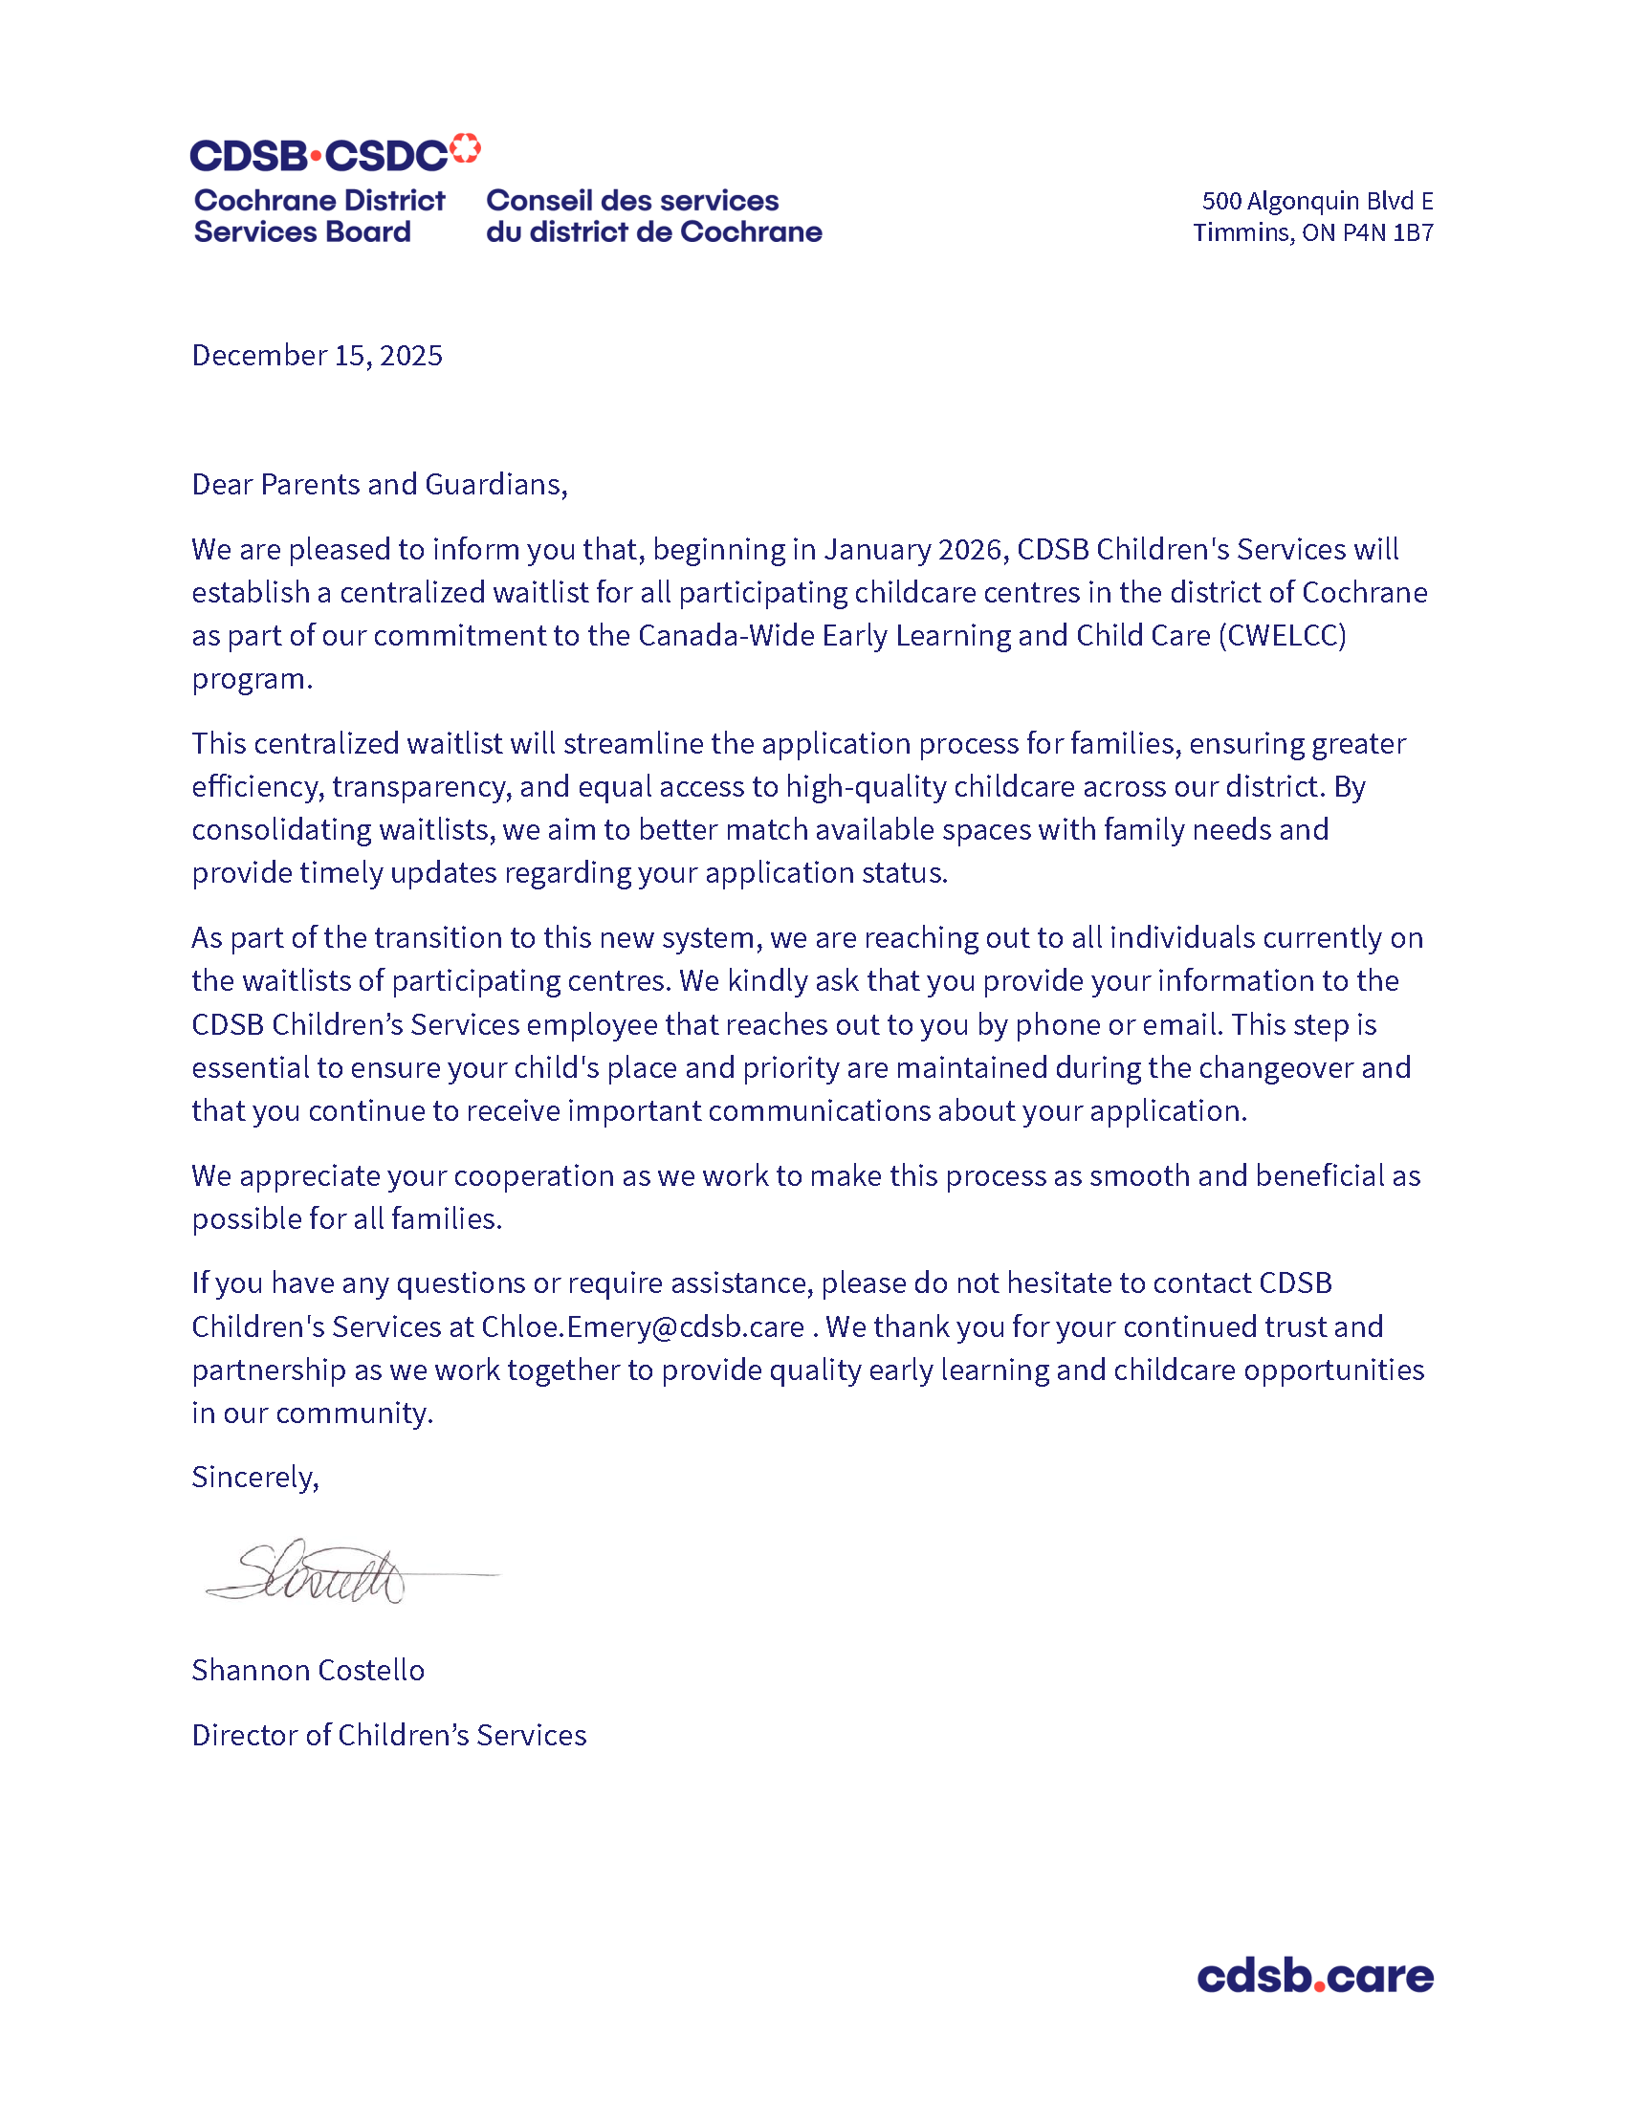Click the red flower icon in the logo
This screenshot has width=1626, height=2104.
[465, 148]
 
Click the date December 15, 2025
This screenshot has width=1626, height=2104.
[317, 356]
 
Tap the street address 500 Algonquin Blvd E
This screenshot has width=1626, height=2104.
[1317, 202]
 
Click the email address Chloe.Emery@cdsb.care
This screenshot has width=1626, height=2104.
[643, 1326]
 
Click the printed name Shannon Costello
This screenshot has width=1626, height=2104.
[308, 1670]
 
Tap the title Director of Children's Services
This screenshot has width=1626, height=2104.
[389, 1735]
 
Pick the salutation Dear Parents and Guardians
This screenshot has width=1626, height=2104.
[380, 484]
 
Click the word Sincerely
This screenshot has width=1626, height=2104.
[255, 1477]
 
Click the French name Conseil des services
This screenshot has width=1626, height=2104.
[632, 201]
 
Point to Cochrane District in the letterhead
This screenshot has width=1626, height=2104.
[319, 201]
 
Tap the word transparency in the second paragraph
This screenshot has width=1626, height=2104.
[421, 787]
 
